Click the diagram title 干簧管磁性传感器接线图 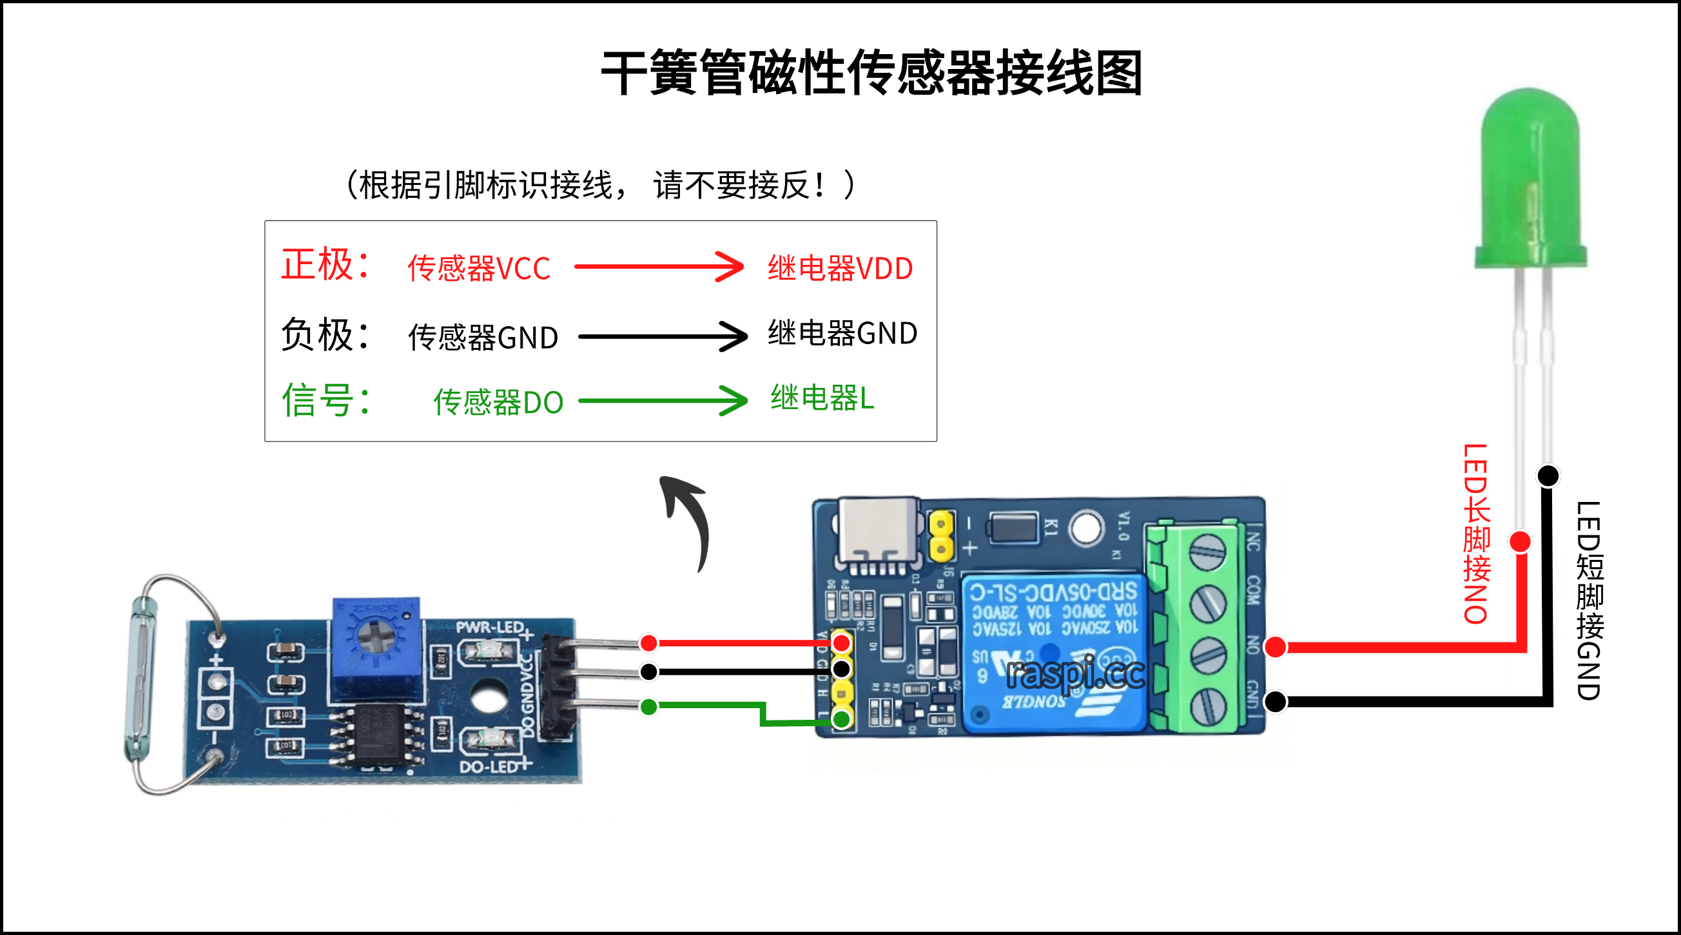(x=871, y=73)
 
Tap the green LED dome (x=1531, y=176)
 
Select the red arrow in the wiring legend (x=659, y=266)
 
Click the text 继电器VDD (x=840, y=268)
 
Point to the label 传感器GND (x=483, y=337)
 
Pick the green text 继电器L (x=822, y=398)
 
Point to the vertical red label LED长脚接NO (x=1476, y=534)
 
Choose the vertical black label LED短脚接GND (x=1589, y=601)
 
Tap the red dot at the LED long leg (x=1521, y=541)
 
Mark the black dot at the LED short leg (x=1548, y=475)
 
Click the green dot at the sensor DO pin (x=648, y=706)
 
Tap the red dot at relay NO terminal (x=1275, y=646)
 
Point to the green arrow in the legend (x=663, y=400)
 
